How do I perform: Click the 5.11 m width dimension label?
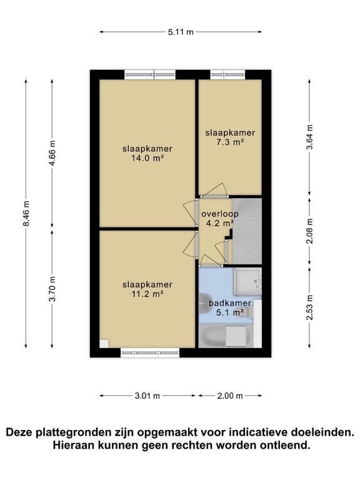point(181,32)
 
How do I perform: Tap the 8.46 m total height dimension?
point(26,213)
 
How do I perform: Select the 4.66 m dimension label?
point(52,153)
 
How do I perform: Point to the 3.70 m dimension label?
point(52,289)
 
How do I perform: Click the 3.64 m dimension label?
point(310,137)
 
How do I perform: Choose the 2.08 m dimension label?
point(310,231)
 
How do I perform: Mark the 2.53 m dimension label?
point(310,307)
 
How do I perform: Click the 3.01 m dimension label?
point(147,396)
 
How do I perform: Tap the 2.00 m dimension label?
point(230,396)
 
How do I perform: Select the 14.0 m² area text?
point(147,159)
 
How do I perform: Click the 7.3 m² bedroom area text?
point(230,142)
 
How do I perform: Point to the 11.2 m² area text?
point(147,294)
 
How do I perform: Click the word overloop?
point(219,214)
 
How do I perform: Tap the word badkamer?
point(230,303)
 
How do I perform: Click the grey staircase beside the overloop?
point(247,231)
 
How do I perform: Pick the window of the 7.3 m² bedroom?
point(227,75)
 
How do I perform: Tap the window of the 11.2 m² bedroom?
point(150,352)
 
